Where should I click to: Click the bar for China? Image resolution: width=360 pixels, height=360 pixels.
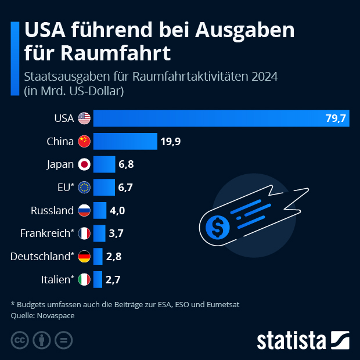(125, 141)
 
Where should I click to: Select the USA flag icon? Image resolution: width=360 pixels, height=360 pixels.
(85, 118)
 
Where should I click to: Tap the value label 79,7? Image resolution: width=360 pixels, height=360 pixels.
(335, 118)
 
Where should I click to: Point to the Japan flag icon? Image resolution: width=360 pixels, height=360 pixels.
(85, 164)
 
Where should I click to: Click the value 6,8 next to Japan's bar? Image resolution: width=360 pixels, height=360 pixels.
(126, 164)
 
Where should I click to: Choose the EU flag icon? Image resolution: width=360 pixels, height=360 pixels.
(85, 187)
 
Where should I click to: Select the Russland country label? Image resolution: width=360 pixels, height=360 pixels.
(52, 210)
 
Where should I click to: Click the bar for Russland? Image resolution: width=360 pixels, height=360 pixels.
(100, 210)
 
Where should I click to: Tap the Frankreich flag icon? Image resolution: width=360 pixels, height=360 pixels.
(85, 233)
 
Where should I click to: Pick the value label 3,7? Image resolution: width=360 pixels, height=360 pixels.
(116, 233)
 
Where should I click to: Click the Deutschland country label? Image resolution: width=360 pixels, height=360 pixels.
(42, 256)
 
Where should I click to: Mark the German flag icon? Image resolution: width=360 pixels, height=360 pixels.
(85, 256)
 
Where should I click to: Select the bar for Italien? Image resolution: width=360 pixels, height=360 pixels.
(98, 279)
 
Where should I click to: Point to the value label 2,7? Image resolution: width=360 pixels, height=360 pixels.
(113, 279)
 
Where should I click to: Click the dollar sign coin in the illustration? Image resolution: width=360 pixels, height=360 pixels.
(218, 228)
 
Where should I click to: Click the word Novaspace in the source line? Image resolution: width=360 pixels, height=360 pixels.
(56, 316)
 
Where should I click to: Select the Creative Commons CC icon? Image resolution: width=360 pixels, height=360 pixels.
(20, 340)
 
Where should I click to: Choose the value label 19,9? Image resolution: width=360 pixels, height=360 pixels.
(170, 141)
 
